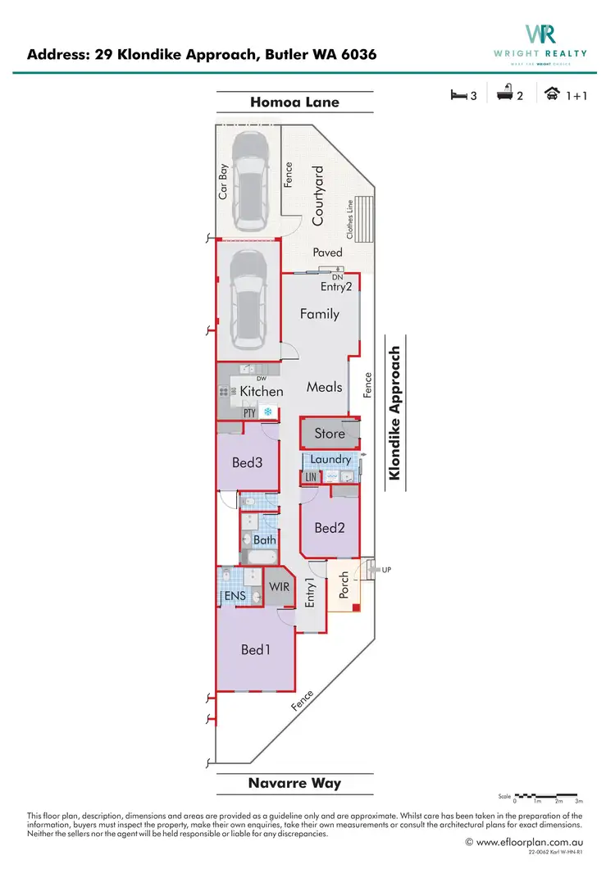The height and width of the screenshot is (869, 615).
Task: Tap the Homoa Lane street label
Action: point(294,102)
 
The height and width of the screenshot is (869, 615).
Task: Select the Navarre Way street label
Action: point(294,783)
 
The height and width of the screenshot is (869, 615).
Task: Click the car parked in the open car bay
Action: point(248,181)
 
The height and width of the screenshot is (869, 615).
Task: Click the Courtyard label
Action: point(319,195)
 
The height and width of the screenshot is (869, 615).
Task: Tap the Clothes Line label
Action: point(351,221)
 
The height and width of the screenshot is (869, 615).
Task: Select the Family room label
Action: point(319,314)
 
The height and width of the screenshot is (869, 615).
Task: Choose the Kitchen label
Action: point(262,392)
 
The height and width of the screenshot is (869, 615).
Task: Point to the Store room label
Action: point(330,434)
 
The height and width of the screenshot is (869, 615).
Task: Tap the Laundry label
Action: point(330,460)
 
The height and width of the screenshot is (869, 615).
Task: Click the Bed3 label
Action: point(247,462)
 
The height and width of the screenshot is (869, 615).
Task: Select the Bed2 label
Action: point(329,528)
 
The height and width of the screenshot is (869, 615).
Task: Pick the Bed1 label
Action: point(256,649)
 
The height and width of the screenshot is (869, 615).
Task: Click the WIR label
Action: point(279,588)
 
